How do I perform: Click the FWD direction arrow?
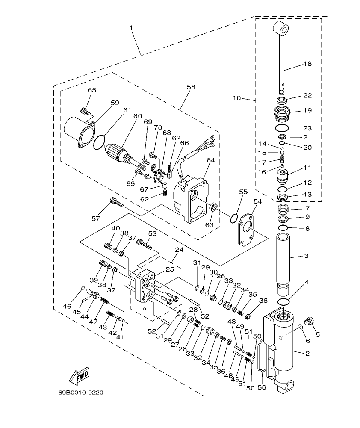78,377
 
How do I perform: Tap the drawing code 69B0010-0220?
81,392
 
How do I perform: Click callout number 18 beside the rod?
307,64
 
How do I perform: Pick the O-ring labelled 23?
282,128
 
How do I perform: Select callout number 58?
190,87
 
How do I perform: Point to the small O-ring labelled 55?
233,218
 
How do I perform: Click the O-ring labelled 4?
282,302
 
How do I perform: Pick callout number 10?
237,98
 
